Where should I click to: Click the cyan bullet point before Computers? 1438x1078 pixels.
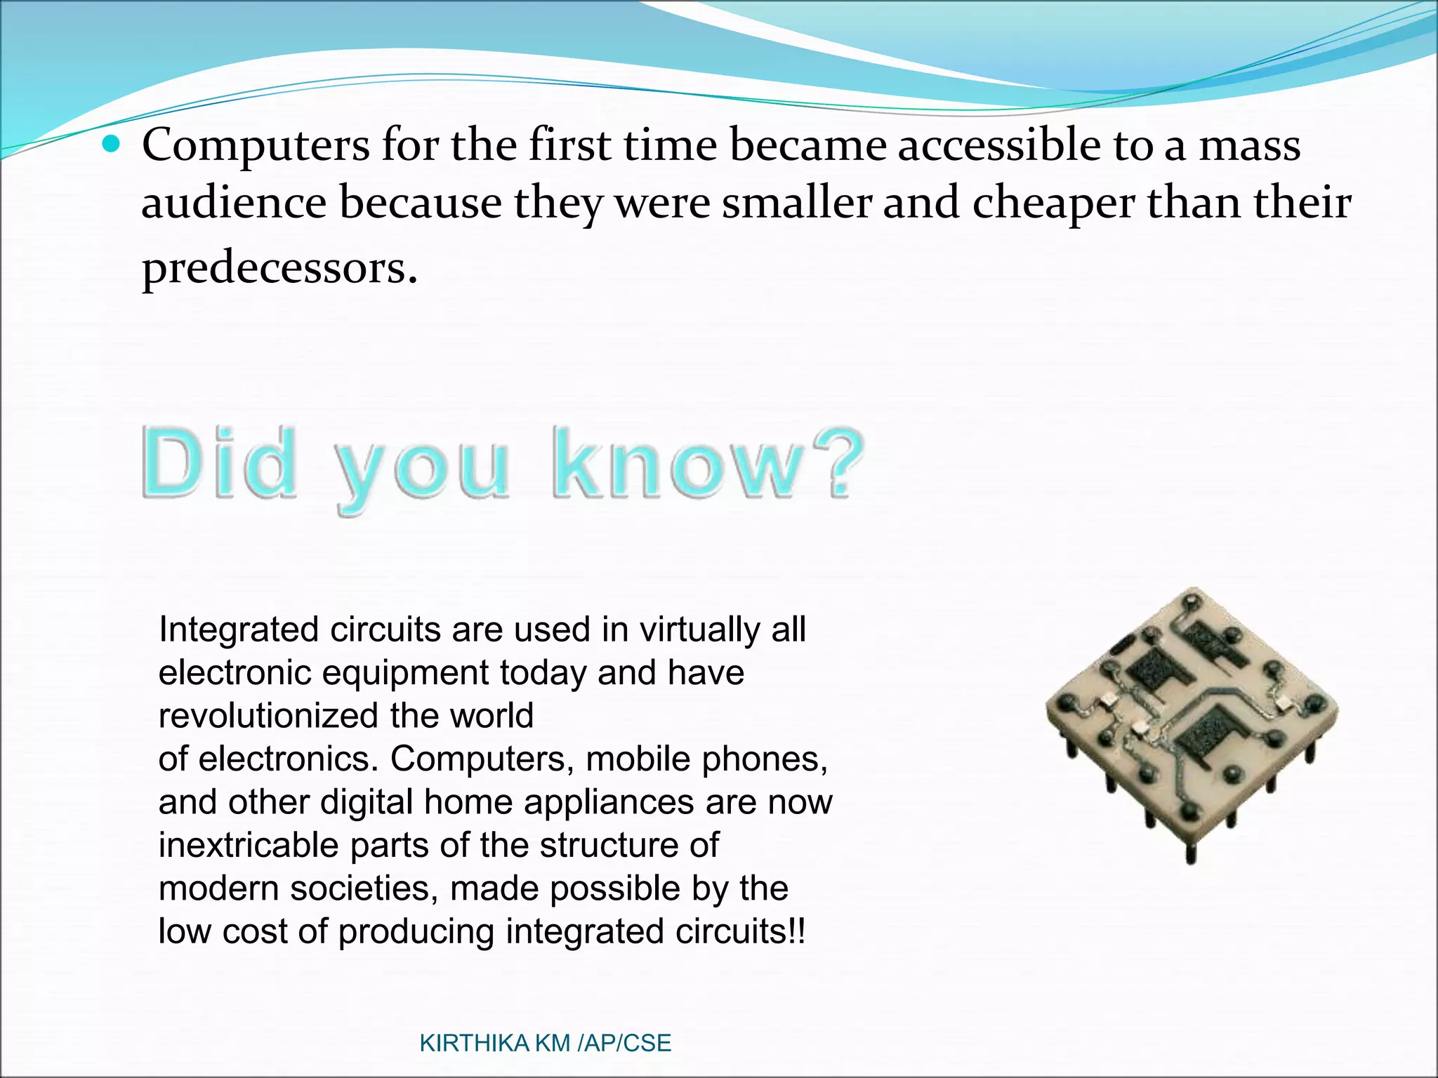click(111, 145)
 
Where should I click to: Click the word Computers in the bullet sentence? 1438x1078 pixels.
click(256, 145)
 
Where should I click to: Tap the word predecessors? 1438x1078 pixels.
click(279, 268)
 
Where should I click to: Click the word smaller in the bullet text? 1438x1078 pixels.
click(796, 204)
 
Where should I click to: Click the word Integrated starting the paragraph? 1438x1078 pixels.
click(239, 630)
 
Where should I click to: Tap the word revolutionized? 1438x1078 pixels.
click(269, 716)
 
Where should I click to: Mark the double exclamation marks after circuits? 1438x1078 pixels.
click(797, 931)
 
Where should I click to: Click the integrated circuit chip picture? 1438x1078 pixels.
click(1192, 723)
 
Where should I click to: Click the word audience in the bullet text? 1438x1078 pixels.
click(235, 204)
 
